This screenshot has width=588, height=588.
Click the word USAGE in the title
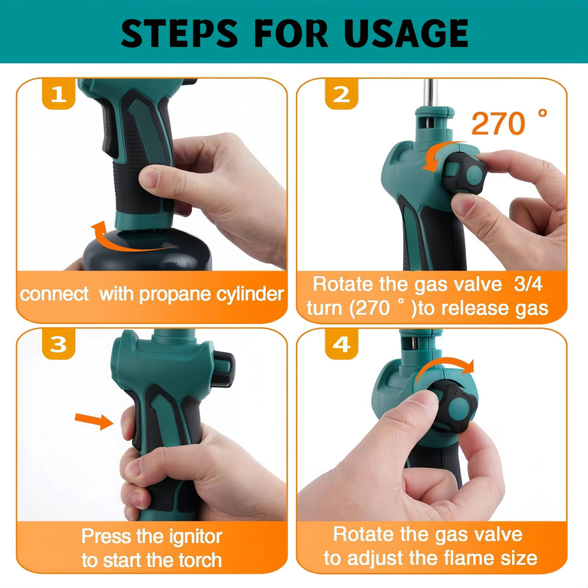pos(406,33)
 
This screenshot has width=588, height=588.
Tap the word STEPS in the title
pos(179,33)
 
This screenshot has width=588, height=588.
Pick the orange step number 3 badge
pos(59,344)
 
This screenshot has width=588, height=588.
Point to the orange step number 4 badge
pos(341,344)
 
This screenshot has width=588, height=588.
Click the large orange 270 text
pos(498,123)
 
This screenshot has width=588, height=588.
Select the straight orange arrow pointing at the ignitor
pos(93,421)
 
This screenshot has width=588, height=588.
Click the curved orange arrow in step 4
pos(444,362)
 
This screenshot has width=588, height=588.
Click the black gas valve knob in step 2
pos(465,173)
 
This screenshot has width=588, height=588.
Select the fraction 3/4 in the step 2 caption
pos(528,284)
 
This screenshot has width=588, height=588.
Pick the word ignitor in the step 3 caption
pos(195,537)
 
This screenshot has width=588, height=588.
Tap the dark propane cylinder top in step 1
pos(147,250)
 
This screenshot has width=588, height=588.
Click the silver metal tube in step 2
pos(431,93)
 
